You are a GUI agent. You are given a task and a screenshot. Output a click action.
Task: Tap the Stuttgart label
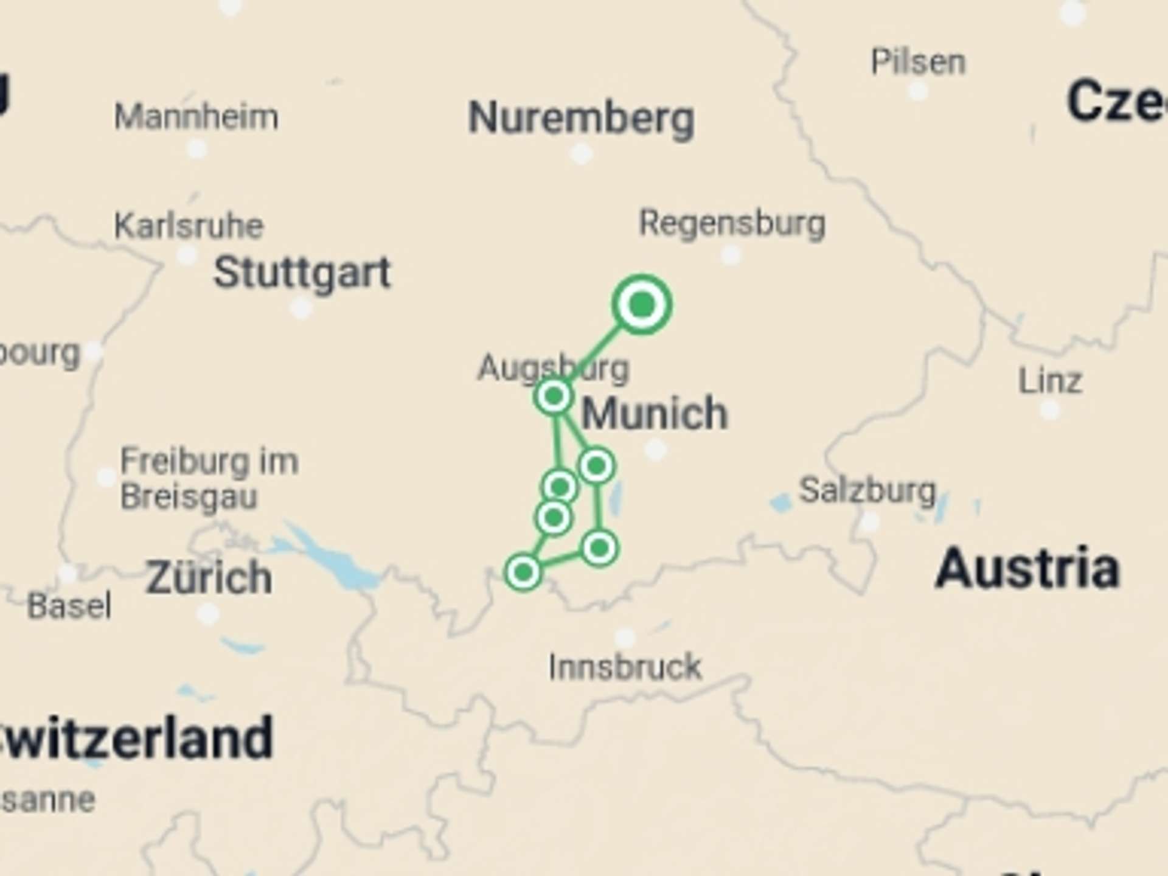[302, 273]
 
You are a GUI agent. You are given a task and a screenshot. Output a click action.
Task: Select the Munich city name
[655, 414]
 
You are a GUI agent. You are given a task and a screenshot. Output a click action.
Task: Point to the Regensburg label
[732, 223]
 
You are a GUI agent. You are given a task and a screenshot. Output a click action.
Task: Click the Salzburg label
[867, 490]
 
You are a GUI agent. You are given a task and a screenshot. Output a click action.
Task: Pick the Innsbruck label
[625, 667]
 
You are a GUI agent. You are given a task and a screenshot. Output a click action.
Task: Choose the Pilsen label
[918, 62]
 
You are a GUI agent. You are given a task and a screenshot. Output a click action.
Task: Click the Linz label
[1050, 381]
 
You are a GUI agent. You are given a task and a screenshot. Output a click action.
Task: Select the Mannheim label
[196, 116]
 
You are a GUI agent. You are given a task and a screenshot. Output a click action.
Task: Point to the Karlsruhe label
[189, 226]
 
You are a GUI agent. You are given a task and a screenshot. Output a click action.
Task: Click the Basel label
[69, 606]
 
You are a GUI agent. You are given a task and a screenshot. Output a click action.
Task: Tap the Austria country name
[1027, 569]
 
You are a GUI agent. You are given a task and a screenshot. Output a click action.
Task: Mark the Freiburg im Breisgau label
[209, 478]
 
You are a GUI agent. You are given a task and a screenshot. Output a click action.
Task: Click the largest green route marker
[642, 304]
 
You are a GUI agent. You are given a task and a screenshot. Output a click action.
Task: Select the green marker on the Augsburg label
[554, 397]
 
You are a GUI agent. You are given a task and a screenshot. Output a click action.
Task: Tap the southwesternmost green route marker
[523, 572]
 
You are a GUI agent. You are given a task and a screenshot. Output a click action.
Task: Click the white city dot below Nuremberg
[581, 153]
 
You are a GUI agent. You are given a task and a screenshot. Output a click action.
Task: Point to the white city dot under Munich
[655, 450]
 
